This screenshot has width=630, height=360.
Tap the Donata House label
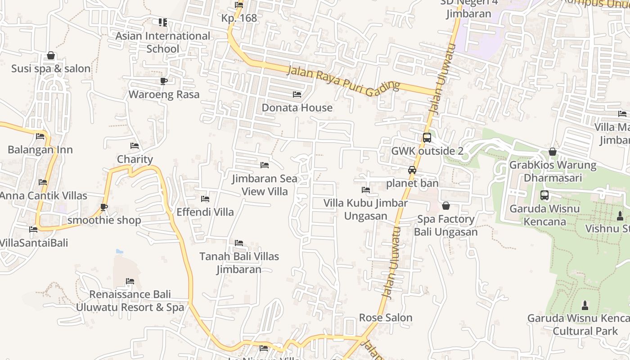pos(297,108)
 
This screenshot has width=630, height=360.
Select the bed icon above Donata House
pos(297,94)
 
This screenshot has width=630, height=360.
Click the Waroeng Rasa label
pos(164,94)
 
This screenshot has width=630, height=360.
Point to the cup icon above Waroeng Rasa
pos(164,81)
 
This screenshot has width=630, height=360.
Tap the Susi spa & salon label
pos(51,69)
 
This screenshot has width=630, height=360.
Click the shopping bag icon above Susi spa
pos(51,55)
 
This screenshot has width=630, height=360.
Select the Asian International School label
pos(163,42)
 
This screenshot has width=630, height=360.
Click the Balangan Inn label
pos(40,150)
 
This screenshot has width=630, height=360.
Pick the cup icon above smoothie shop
pos(104,207)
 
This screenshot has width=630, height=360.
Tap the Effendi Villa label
pos(205,212)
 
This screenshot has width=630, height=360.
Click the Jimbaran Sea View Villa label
pos(265,185)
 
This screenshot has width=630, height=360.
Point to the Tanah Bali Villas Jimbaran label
pos(239,263)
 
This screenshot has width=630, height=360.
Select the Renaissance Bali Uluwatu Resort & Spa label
pos(130,301)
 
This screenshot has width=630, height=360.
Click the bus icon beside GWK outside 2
pos(427,138)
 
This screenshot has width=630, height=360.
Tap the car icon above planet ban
pos(412,170)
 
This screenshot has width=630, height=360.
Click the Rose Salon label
pos(386,318)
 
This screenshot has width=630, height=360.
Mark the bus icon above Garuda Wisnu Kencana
pos(544,195)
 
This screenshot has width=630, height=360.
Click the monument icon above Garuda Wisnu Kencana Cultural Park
pos(585,305)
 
